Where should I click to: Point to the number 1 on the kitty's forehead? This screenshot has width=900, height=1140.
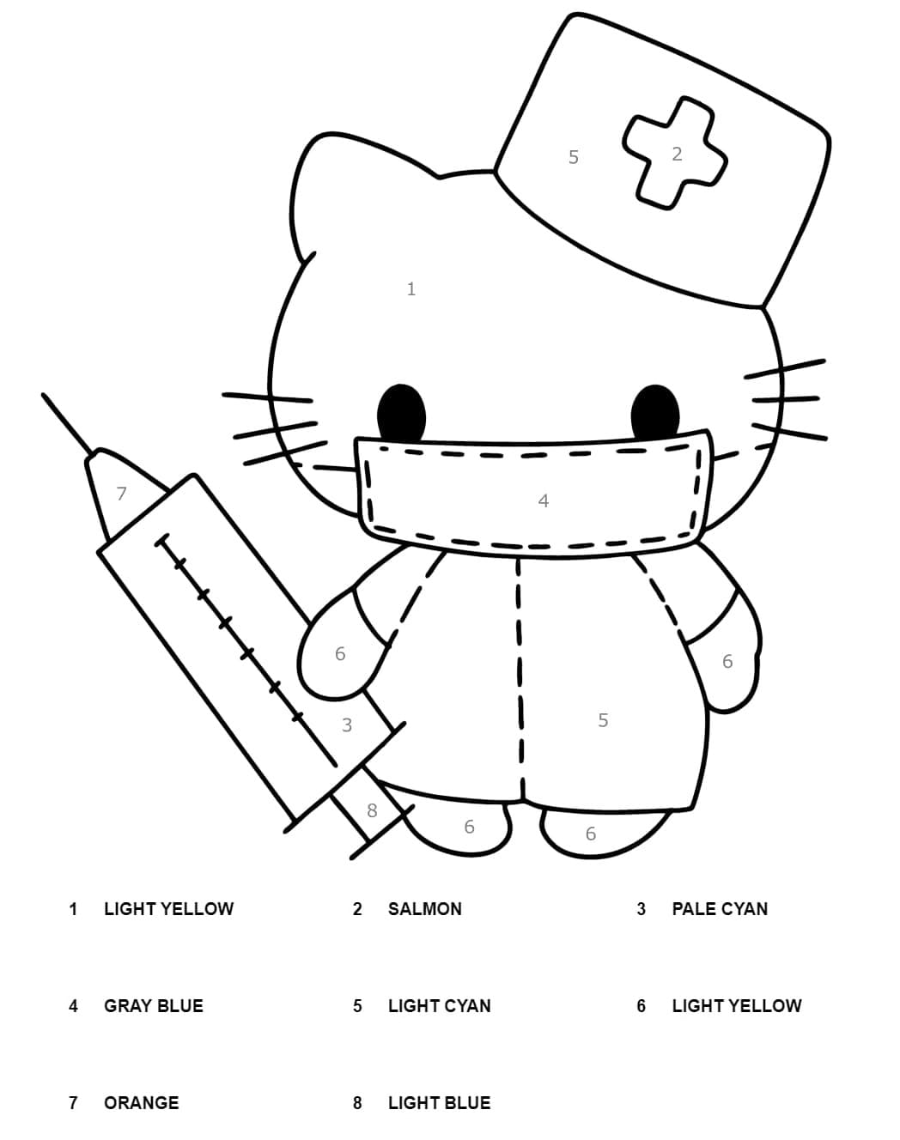tap(410, 289)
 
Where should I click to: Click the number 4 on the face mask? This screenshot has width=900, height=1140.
tap(543, 500)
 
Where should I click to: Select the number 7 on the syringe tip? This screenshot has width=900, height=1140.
tap(121, 493)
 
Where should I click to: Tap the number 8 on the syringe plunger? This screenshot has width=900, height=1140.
tap(372, 810)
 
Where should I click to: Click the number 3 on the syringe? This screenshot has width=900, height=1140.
tap(347, 725)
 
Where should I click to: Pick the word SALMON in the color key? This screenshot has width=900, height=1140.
tap(424, 908)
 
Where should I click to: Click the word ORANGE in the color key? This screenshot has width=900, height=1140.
tap(142, 1103)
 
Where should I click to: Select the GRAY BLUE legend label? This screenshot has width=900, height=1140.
tap(154, 1006)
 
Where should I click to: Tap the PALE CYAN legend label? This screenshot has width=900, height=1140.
tap(720, 908)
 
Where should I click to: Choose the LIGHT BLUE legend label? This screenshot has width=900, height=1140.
tap(439, 1103)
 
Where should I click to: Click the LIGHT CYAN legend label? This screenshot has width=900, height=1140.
tap(439, 1006)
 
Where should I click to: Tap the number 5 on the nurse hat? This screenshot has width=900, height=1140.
tap(574, 157)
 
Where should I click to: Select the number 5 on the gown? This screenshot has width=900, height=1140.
tap(603, 720)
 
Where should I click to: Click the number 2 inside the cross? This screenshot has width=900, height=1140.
tap(677, 154)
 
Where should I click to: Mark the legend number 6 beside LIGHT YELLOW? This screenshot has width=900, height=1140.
tap(641, 1006)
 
